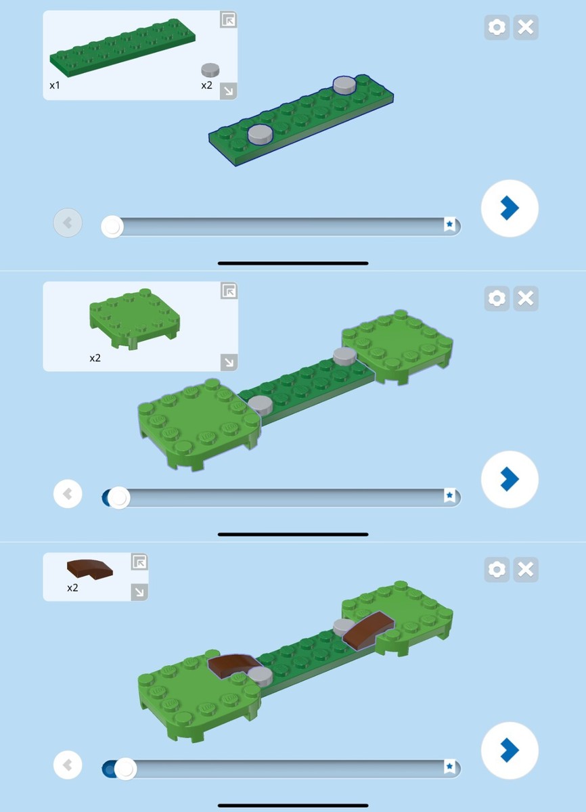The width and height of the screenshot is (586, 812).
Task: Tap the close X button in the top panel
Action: pos(526,27)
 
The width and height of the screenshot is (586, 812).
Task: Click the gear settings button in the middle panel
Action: pos(497,298)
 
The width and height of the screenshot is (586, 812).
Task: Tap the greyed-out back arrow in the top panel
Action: pos(68,223)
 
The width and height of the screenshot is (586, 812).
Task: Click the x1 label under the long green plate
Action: pos(55,85)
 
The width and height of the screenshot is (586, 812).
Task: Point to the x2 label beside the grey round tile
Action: pos(206,85)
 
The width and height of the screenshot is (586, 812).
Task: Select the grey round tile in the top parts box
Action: pos(210,70)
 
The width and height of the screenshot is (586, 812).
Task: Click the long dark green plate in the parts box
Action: pos(122,48)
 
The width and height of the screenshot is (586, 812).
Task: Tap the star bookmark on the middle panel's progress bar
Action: pos(449,495)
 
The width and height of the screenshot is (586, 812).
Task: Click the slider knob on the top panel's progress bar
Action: pos(112,227)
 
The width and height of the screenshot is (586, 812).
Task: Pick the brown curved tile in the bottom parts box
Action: pos(90,569)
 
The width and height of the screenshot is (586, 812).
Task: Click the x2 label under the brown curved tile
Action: pos(72,587)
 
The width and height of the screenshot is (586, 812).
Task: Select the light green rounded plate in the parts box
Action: pos(135,319)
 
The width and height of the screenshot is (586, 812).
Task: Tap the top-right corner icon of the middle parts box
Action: pos(229,291)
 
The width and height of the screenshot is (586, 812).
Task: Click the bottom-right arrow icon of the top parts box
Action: pos(228,91)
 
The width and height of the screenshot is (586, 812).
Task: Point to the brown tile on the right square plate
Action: pos(368,629)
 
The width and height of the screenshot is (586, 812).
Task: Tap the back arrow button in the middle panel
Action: pos(68,494)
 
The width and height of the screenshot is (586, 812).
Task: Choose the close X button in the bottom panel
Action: pos(526,570)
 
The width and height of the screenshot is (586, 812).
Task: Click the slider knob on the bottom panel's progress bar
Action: pos(125,769)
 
